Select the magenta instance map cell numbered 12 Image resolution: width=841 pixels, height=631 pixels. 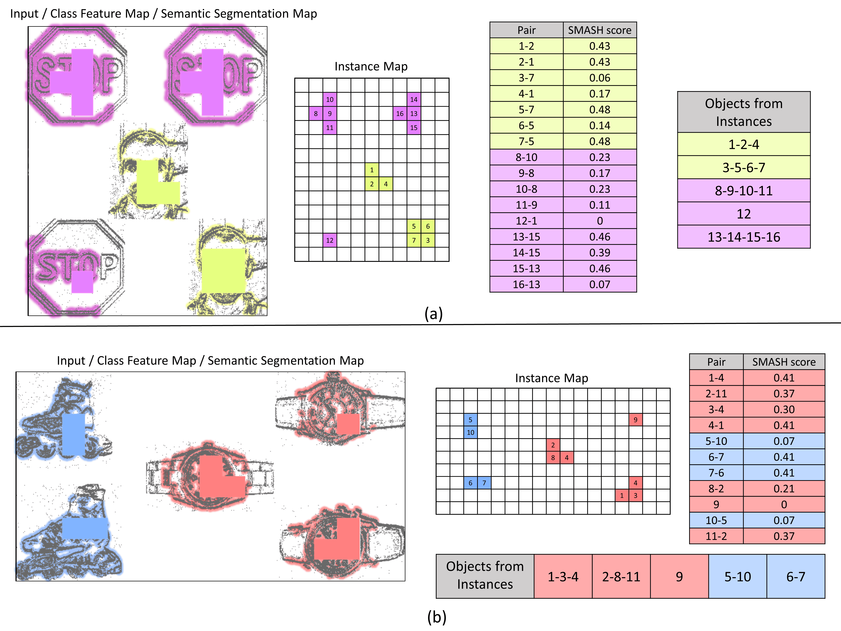330,240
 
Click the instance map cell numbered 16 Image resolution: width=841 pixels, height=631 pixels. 400,113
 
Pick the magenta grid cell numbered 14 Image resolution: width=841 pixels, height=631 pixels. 414,99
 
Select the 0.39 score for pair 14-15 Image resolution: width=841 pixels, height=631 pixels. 600,253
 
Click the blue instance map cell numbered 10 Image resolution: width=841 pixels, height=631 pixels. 470,432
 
